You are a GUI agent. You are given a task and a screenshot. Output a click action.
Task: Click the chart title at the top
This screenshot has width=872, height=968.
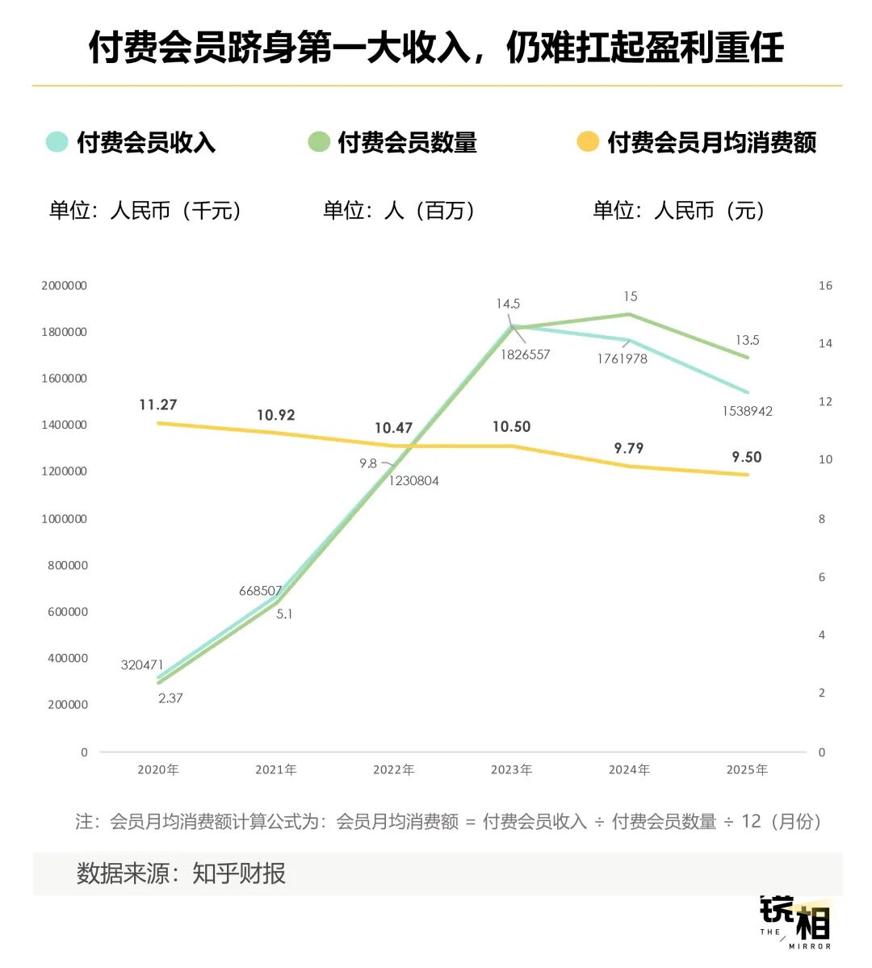436,47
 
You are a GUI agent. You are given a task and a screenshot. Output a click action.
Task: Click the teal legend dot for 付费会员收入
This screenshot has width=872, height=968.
57,142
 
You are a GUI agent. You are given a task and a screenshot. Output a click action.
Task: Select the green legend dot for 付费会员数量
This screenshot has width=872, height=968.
319,142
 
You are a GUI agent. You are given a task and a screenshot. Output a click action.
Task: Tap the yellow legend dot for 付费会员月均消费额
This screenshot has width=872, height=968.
588,142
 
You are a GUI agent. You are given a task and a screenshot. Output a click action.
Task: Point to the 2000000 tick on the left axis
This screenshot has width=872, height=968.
64,286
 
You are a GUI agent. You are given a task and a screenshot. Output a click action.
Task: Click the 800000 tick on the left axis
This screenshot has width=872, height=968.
67,565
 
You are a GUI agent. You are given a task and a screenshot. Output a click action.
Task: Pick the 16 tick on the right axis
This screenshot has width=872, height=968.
825,286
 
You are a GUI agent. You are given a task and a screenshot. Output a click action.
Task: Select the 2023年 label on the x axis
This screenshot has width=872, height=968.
511,770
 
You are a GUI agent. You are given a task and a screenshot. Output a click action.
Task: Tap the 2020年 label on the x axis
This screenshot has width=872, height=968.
158,770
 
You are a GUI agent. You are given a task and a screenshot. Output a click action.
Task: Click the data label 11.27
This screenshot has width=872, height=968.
158,404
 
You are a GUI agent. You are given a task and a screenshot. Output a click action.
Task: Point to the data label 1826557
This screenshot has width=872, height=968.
525,354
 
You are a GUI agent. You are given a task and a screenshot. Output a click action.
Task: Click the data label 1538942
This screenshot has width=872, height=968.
747,411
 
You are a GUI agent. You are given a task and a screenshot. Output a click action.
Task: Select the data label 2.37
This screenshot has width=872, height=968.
170,698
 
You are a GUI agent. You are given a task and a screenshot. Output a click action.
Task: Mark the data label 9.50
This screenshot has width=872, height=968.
747,457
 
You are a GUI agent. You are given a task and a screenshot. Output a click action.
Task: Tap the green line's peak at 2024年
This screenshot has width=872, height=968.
629,314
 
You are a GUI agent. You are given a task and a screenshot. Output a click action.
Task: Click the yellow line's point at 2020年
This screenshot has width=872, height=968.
158,423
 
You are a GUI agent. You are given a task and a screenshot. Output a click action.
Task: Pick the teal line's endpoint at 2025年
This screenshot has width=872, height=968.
747,393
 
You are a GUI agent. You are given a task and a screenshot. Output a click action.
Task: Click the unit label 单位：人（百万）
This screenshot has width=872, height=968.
399,211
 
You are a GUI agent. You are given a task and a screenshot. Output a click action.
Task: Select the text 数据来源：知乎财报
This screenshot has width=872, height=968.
181,874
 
